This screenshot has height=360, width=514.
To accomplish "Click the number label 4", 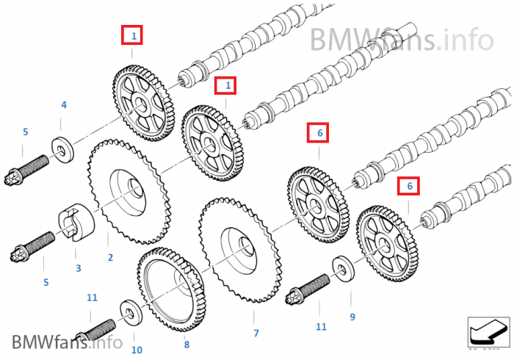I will click(x=63, y=106).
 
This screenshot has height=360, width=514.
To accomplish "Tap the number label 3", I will click(x=79, y=268).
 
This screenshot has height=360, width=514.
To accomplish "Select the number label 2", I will click(x=110, y=258).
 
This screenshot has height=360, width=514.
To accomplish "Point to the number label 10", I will click(x=136, y=350).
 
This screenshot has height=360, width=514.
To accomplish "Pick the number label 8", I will click(x=187, y=344).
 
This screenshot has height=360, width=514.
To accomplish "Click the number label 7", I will click(x=256, y=334).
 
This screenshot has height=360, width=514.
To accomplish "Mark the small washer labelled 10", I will click(x=130, y=313).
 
